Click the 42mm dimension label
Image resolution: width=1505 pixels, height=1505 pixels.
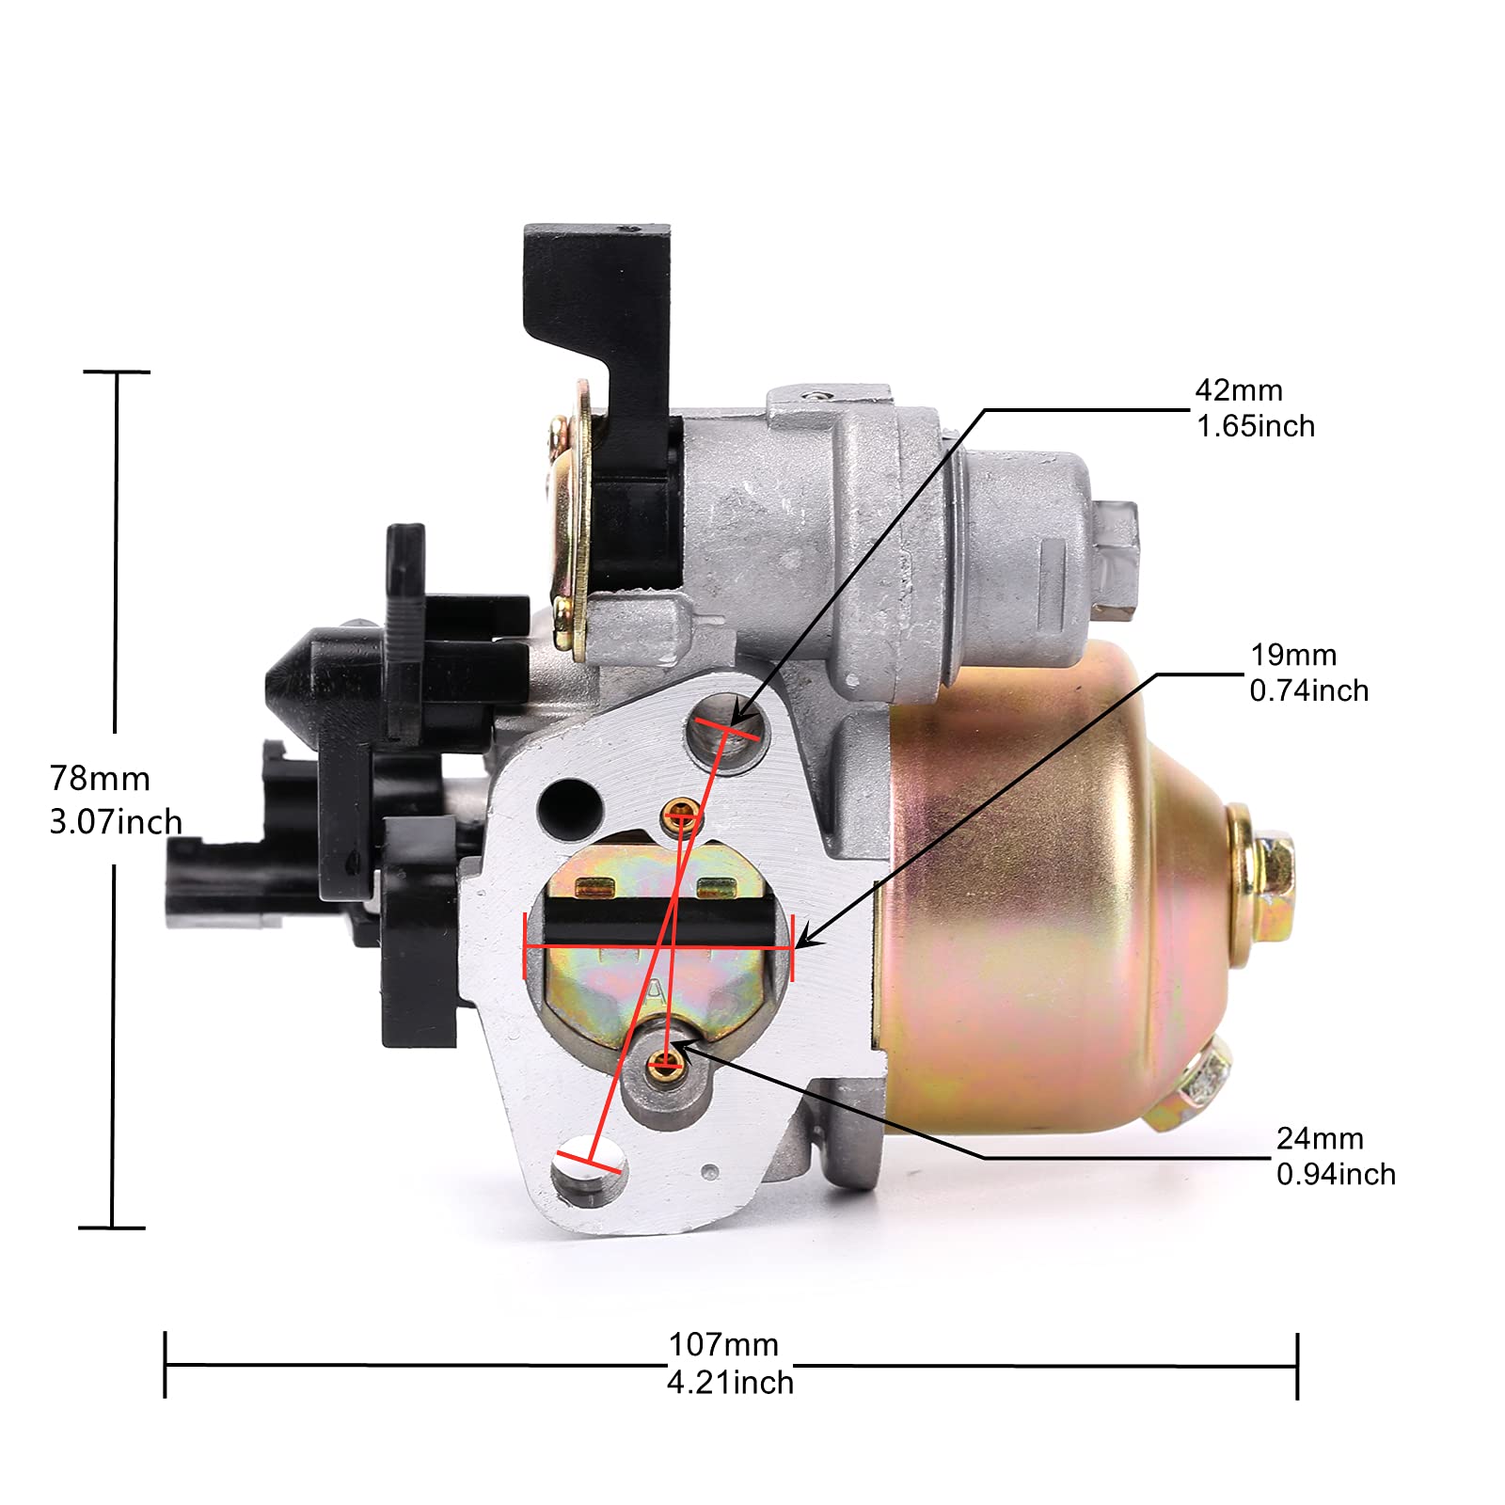point(1239,390)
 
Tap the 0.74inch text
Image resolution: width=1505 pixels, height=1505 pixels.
point(1308,690)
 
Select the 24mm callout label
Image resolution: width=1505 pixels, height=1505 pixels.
point(1320,1138)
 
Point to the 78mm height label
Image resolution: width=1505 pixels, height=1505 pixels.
point(100,779)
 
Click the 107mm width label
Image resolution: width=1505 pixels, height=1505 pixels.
point(723,1345)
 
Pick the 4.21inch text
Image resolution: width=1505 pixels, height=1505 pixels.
point(730,1383)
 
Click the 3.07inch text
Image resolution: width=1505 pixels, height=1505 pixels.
point(116,821)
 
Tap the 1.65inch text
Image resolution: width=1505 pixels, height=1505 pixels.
point(1256,426)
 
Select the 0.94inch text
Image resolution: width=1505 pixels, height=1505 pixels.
point(1336,1174)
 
